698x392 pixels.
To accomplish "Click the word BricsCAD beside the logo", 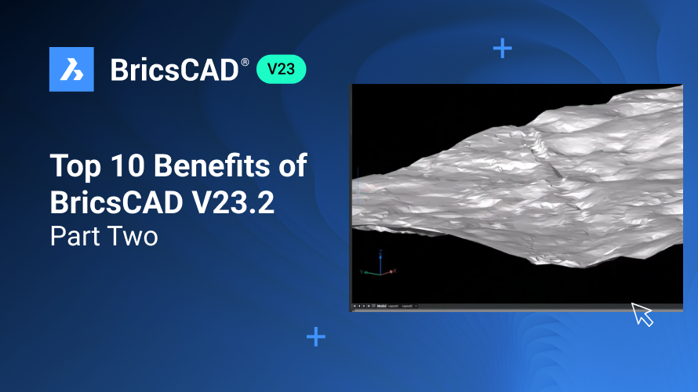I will coord(173,70).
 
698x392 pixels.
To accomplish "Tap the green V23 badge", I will coord(281,69).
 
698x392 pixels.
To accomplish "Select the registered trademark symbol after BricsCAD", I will coord(245,61).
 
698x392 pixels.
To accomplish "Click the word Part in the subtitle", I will coord(72,236).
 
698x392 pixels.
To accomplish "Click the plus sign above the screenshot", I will coord(502,49).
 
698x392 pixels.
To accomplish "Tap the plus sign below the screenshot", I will coord(316,337).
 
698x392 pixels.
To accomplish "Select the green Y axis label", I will coord(362,271).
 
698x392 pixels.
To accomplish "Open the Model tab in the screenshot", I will coord(381,306).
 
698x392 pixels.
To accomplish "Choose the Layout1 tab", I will coord(394,306).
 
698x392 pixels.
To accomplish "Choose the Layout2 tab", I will coord(406,306).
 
